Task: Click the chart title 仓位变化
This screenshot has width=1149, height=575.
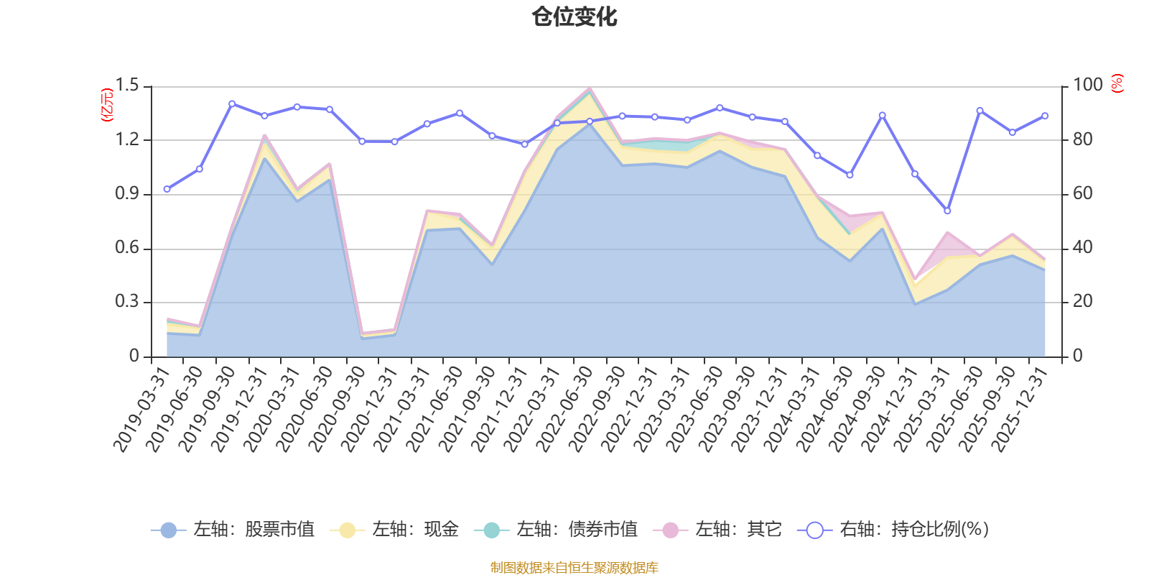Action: point(574,17)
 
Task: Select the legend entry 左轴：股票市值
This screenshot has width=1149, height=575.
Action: point(233,529)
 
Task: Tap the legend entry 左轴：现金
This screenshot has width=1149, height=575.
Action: point(394,529)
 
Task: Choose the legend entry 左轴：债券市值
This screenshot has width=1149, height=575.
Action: point(556,529)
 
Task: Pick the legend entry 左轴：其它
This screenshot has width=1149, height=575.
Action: point(717,529)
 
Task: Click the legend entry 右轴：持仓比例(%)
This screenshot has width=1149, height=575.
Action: point(893,529)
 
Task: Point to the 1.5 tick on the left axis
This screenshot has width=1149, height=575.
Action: point(126,86)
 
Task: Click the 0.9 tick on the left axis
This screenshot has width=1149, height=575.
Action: point(126,193)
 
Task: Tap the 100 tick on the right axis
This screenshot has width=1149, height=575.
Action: point(1088,85)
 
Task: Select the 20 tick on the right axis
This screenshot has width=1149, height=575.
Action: point(1083,301)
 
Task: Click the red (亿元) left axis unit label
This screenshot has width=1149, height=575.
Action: point(107,105)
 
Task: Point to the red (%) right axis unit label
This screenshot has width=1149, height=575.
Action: point(1117,83)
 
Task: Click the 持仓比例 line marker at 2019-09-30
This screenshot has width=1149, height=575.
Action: point(232,104)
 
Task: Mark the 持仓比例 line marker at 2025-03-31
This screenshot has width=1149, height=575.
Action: point(947,211)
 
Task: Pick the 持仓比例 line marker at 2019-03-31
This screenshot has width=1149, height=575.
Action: point(167,189)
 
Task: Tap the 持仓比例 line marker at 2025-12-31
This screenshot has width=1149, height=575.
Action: point(1045,116)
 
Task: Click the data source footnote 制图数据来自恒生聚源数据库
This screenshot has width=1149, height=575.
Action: point(574,567)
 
